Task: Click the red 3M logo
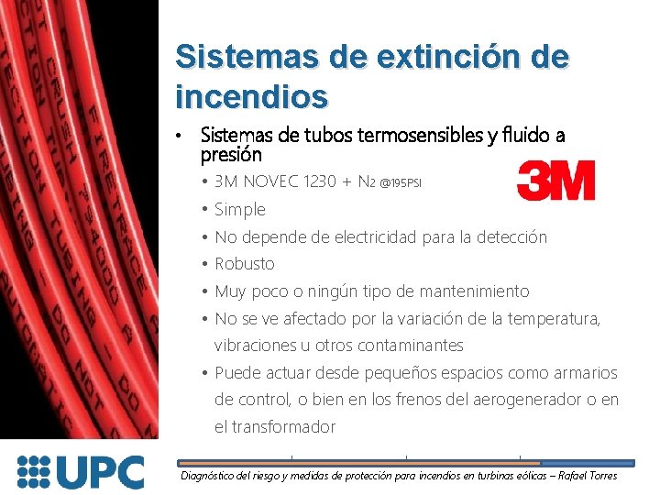[555, 181]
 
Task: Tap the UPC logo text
[101, 472]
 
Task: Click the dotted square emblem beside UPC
[35, 472]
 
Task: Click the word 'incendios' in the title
[251, 94]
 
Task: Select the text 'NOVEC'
[276, 182]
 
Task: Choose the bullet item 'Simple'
[239, 210]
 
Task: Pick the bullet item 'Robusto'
[244, 264]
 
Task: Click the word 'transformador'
[288, 427]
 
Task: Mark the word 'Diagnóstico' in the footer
[211, 476]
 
